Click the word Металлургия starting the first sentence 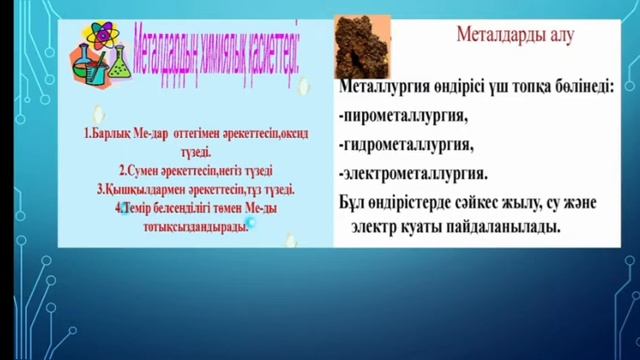[386, 88]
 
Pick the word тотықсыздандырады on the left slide [195, 226]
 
